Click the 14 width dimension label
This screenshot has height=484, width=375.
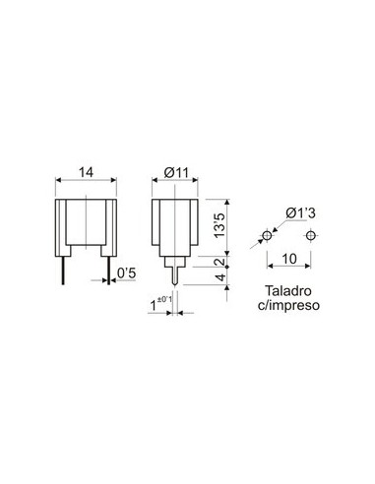(87, 172)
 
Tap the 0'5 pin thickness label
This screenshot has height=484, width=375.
(125, 272)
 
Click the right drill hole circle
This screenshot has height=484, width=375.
(311, 236)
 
